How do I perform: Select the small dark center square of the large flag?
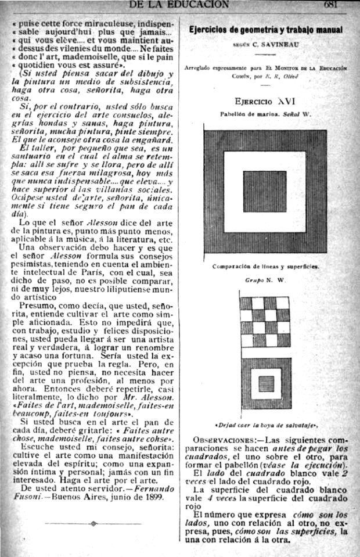pos(264,191)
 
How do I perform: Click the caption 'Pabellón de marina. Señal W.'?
pos(265,114)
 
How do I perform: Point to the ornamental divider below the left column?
pos(93,523)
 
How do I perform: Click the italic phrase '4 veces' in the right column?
pos(222,499)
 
